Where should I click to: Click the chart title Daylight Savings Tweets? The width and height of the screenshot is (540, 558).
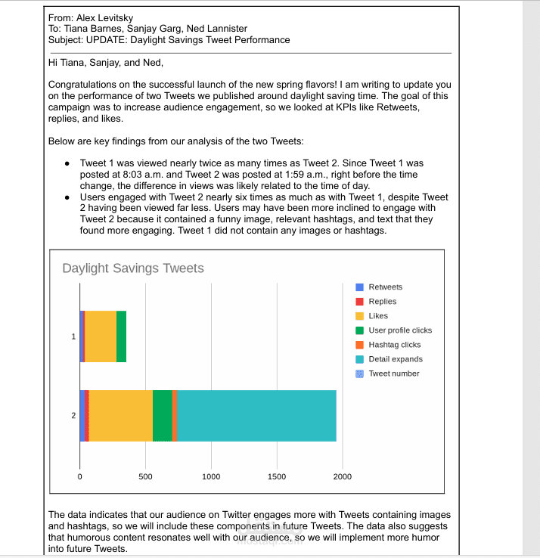coord(132,268)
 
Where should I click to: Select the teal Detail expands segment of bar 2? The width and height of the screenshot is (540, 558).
coord(256,415)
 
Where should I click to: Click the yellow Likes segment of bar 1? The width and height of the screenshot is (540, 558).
coord(101,336)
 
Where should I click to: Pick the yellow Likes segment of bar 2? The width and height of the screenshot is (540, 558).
coord(121,415)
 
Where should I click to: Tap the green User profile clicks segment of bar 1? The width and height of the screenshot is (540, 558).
coord(121,336)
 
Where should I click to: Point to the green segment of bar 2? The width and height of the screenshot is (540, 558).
coord(162,415)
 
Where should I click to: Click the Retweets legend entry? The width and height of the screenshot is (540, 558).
coord(385,287)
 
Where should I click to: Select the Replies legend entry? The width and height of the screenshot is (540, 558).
coord(382,302)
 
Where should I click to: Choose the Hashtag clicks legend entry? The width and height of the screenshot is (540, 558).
coord(394,345)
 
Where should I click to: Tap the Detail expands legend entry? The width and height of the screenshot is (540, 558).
coord(395,359)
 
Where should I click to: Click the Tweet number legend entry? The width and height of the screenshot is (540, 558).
coord(393,374)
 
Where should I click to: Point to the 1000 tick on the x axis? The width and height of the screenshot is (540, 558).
coord(211,476)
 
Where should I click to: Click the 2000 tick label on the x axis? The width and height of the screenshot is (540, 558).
coord(342,476)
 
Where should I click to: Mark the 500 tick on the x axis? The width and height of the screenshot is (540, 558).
coord(145,476)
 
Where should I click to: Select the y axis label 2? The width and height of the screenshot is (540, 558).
coord(73,415)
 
